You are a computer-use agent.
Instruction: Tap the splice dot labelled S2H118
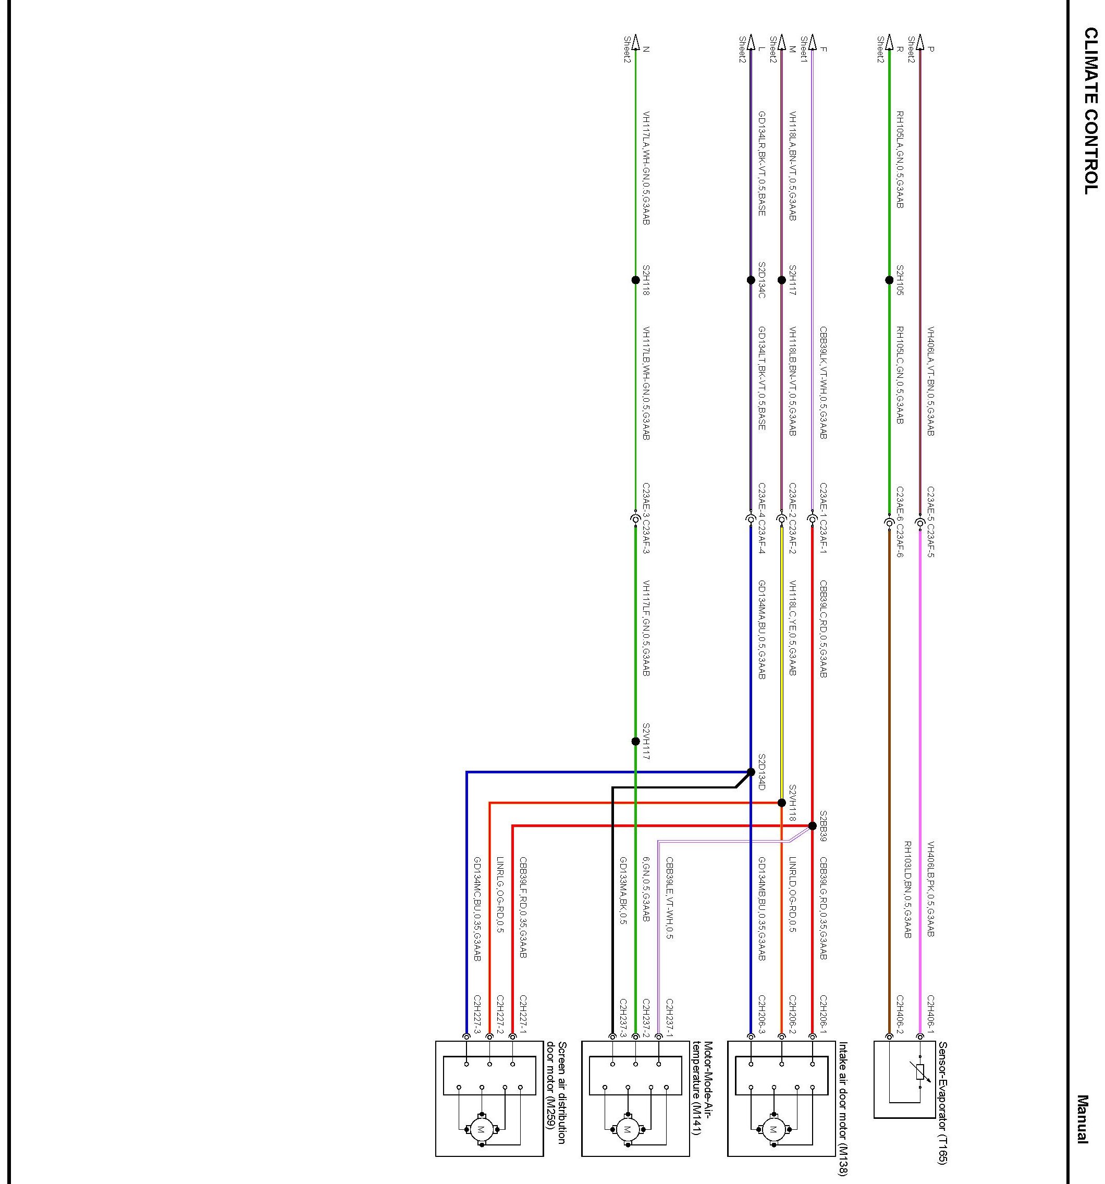point(635,280)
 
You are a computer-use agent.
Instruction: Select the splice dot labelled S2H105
point(889,280)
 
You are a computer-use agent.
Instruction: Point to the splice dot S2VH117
point(635,742)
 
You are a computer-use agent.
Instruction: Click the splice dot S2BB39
point(812,826)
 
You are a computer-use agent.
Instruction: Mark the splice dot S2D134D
point(751,772)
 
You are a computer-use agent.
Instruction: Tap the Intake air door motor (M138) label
point(843,1108)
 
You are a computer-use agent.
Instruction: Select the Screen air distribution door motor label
point(556,1093)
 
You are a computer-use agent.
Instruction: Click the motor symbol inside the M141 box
point(627,1129)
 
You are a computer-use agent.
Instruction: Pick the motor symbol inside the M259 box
point(481,1129)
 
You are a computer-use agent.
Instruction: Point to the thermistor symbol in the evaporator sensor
point(920,1072)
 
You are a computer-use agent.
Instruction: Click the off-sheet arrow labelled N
point(635,43)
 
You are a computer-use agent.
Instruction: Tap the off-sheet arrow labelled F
point(812,43)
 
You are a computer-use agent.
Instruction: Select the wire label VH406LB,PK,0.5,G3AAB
point(930,889)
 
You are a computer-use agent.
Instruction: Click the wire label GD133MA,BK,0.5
point(623,891)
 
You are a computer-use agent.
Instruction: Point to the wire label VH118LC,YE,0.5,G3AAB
point(792,628)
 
